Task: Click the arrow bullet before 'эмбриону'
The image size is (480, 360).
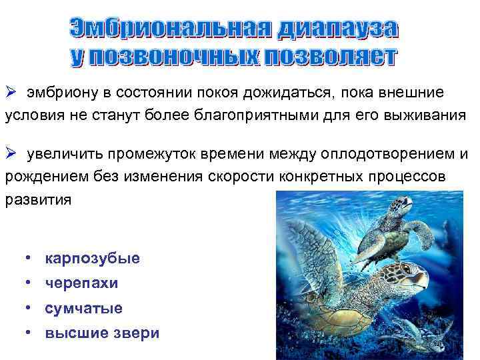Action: coord(11,91)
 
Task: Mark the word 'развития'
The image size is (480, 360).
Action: coord(37,200)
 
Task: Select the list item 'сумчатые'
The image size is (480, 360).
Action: coord(83,309)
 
